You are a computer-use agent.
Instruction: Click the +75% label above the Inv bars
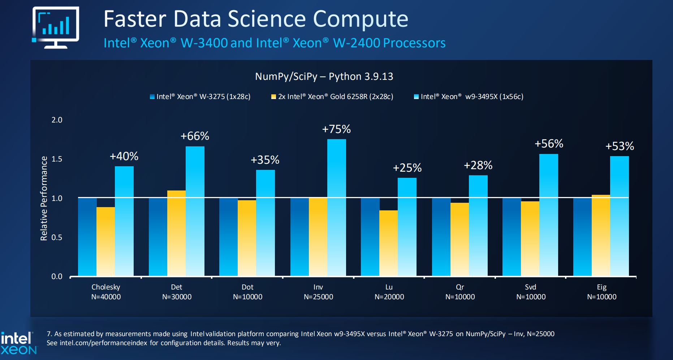(336, 129)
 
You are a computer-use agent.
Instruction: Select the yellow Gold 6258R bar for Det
(176, 233)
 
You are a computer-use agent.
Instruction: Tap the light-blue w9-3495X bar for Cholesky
(124, 221)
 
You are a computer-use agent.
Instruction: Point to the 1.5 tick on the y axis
(57, 159)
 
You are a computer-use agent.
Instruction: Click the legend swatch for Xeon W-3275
(152, 97)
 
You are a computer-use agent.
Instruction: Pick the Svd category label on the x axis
(530, 287)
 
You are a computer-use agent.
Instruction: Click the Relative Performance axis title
(44, 198)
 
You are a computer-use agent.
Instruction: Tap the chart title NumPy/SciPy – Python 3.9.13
(324, 76)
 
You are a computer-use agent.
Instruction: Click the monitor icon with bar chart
(56, 27)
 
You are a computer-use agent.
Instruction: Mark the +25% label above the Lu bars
(407, 168)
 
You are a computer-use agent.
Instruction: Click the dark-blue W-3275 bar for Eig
(582, 237)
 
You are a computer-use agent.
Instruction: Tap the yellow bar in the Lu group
(388, 243)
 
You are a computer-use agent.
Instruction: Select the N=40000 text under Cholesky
(106, 297)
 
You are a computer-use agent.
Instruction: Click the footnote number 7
(49, 334)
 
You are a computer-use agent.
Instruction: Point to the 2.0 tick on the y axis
(57, 120)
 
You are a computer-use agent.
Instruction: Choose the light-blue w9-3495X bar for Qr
(478, 226)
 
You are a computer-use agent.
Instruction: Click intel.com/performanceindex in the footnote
(103, 343)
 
